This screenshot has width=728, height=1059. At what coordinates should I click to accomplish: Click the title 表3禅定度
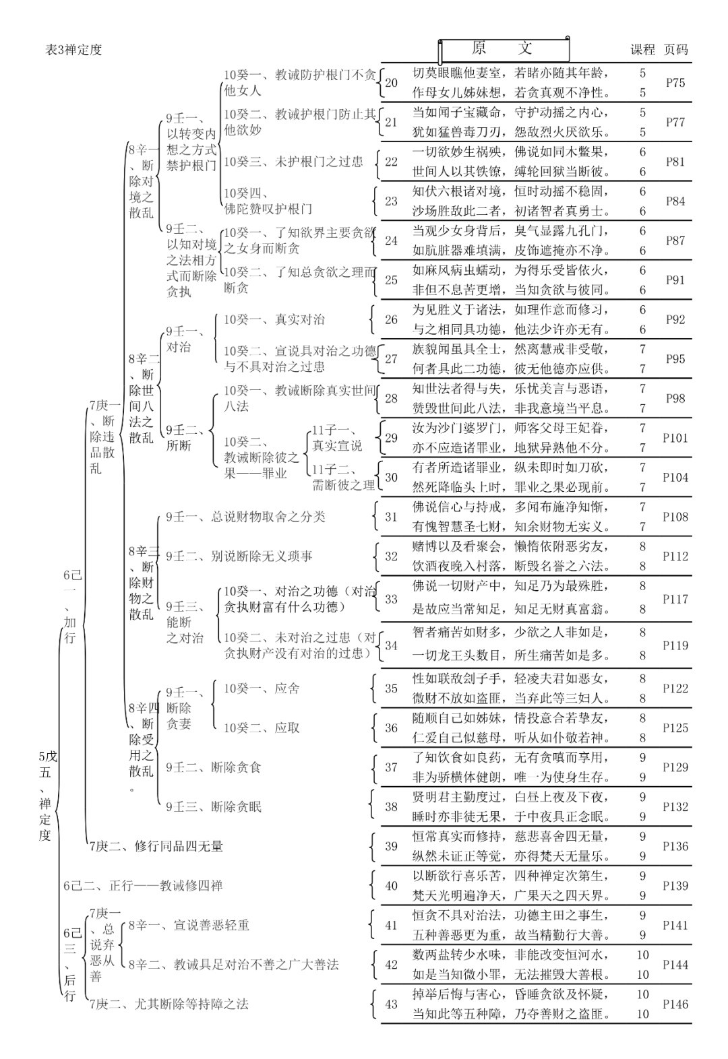pos(73,50)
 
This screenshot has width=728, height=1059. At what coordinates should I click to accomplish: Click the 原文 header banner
pos(503,49)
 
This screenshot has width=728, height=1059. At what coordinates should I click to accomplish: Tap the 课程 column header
pos(642,49)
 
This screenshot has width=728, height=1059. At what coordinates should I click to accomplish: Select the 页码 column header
pos(675,49)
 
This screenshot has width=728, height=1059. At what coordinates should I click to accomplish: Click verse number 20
pos(391,83)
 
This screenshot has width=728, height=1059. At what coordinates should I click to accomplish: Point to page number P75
pos(675,83)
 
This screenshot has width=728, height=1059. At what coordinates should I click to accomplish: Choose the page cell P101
pos(675,438)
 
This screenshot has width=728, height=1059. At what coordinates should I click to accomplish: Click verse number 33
pos(391,599)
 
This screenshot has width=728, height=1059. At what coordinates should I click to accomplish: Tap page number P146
pos(675,1004)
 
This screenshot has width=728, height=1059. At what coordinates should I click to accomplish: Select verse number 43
pos(391,1004)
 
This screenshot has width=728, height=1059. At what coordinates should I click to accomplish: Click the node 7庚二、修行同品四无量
pos(156,846)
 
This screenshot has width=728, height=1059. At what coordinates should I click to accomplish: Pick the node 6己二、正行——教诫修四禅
pos(143,886)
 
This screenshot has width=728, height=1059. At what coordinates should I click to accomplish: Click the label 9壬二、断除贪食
pos(214,767)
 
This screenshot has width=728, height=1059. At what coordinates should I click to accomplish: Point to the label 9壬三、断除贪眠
pos(214,806)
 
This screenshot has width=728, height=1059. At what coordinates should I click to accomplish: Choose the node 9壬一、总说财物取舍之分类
pos(245,517)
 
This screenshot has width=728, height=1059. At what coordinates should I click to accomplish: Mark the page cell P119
pos(675,645)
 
